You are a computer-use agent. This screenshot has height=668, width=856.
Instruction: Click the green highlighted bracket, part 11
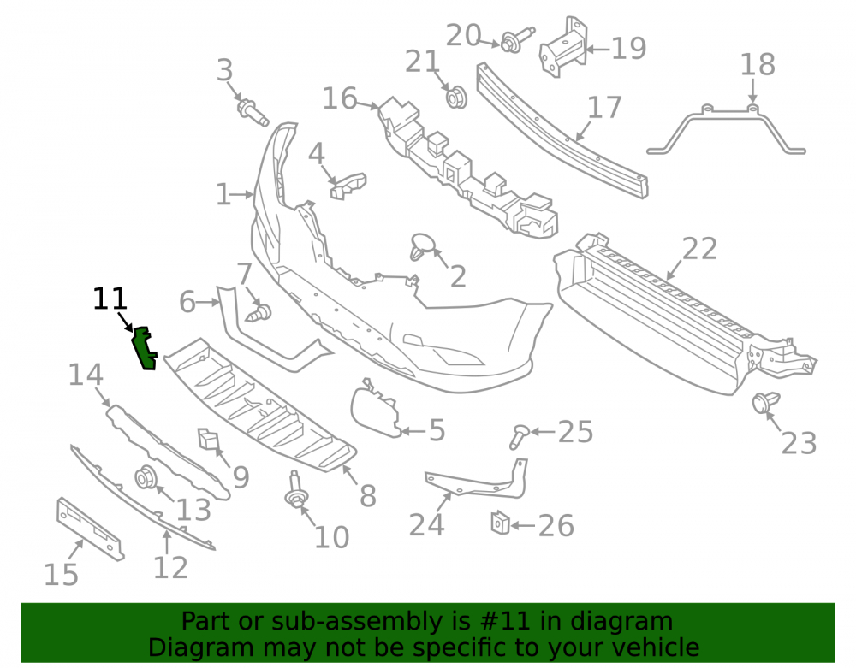coord(145,348)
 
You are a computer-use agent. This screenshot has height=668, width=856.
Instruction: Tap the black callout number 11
coord(110,299)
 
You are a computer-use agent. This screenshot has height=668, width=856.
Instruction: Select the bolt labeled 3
coord(253,112)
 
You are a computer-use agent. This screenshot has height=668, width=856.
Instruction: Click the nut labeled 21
coord(456,97)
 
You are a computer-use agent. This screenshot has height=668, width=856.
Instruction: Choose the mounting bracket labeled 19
coord(562,47)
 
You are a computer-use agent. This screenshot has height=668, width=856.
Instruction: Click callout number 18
coord(758,64)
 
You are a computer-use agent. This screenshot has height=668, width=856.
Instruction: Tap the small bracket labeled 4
coord(348,186)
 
